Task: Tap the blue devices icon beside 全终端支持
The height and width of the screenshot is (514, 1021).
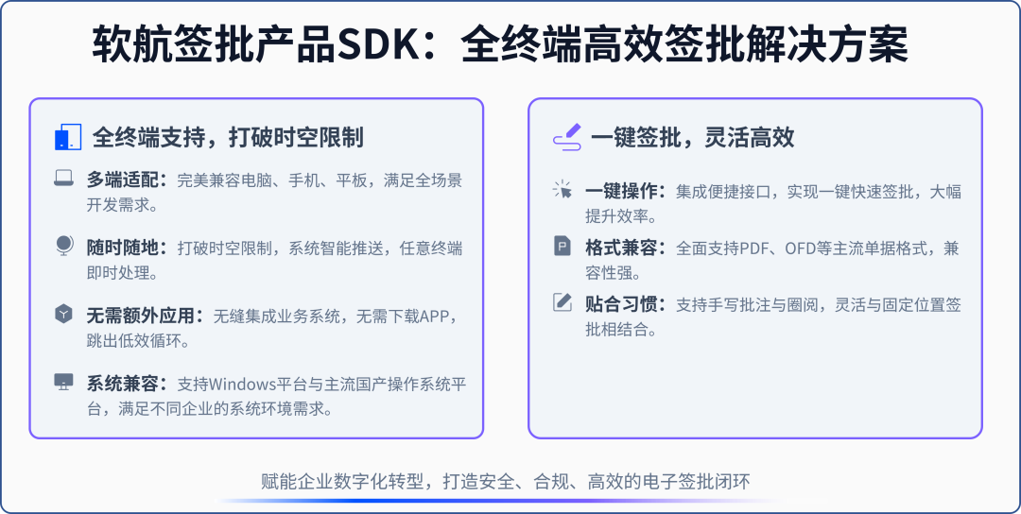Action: [x=64, y=138]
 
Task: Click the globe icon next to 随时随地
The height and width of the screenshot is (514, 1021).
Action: [x=63, y=247]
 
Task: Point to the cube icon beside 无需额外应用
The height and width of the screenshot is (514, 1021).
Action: [x=63, y=315]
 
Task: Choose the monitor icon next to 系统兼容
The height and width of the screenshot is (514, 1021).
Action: [x=63, y=383]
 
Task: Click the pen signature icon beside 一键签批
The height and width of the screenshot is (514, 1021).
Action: [x=565, y=138]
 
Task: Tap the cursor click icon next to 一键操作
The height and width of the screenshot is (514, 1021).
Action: [x=562, y=191]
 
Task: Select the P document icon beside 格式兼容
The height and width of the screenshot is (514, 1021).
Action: [x=562, y=247]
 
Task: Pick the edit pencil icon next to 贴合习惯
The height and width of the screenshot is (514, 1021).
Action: [x=562, y=303]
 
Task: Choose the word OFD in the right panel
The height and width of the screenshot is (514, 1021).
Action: [x=804, y=248]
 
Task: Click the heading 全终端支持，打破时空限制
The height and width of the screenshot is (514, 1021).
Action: [x=227, y=138]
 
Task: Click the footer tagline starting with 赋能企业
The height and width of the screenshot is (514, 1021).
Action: [x=505, y=481]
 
